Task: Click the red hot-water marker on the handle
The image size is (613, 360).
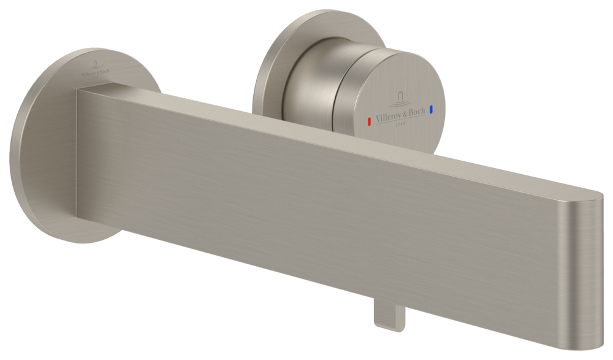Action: pyautogui.click(x=368, y=121)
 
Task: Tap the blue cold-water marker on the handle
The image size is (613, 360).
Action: pyautogui.click(x=432, y=110)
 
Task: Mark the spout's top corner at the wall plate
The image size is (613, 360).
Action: pyautogui.click(x=78, y=90)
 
